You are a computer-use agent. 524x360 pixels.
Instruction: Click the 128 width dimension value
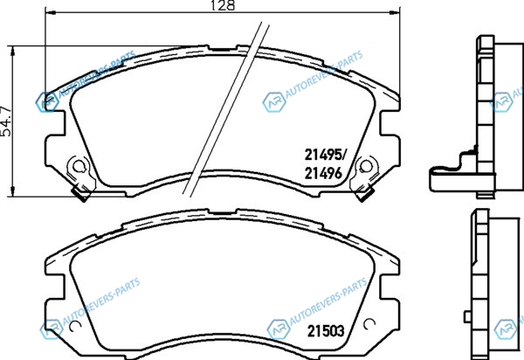click(223, 4)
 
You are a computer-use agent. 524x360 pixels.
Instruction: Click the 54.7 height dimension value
click(6, 121)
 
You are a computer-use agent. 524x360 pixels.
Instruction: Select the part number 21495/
click(326, 155)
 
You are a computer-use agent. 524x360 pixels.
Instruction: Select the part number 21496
click(323, 173)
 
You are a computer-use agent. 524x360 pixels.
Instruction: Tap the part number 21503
click(326, 331)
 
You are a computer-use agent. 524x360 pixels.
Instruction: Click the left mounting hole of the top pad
click(79, 166)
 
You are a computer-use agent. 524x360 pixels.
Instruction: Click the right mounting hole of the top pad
click(366, 166)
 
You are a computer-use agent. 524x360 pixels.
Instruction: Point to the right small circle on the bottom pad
click(369, 323)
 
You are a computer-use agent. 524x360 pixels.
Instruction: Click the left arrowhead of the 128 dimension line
click(50, 12)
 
